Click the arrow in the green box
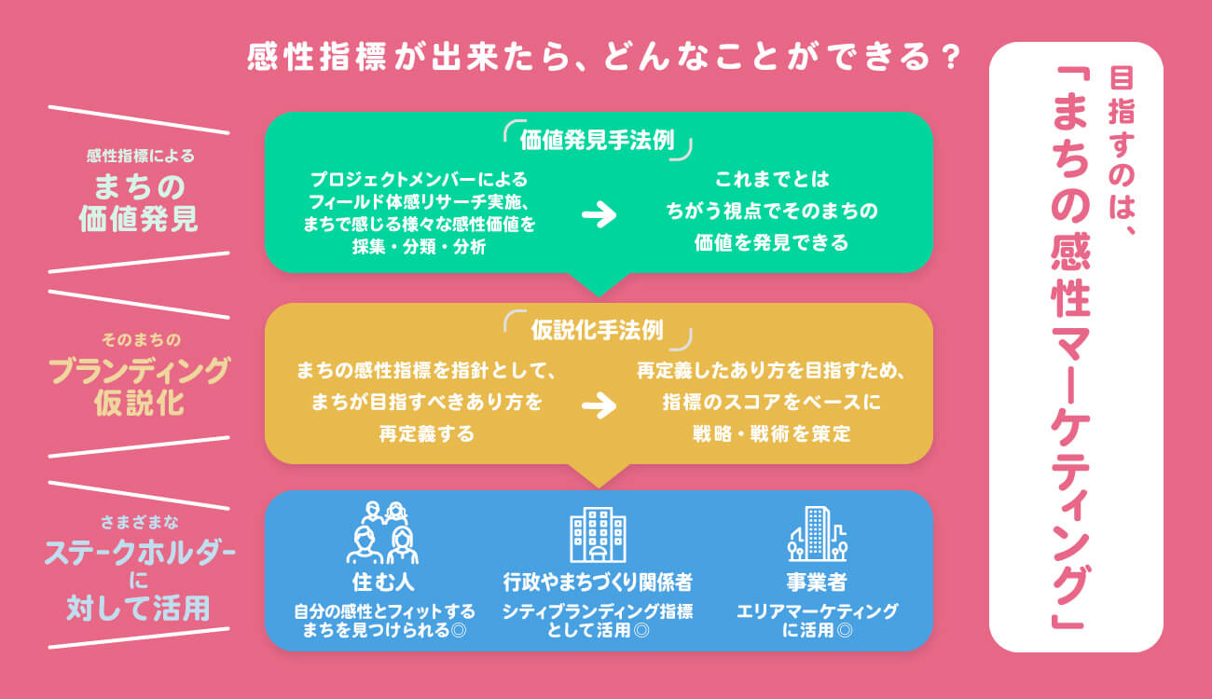[599, 215]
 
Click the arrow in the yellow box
[599, 404]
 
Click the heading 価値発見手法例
[598, 140]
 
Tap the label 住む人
[383, 583]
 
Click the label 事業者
[816, 583]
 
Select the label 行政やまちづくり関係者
[598, 583]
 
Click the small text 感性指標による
[140, 156]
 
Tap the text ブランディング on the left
[139, 370]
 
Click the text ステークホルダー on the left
[140, 552]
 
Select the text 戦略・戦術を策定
[771, 433]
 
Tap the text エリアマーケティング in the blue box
[817, 611]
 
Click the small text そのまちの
[139, 339]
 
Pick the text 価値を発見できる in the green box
[771, 244]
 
